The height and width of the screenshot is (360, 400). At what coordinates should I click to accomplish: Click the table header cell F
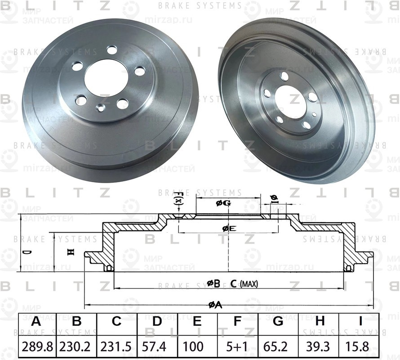(237, 322)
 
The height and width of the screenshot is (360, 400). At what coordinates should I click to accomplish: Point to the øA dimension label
(215, 305)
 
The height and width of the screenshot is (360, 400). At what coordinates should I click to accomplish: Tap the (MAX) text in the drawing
(249, 283)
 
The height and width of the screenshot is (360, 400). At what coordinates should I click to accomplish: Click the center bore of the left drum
(107, 77)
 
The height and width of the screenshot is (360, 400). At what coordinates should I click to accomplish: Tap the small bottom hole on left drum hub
(101, 108)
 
